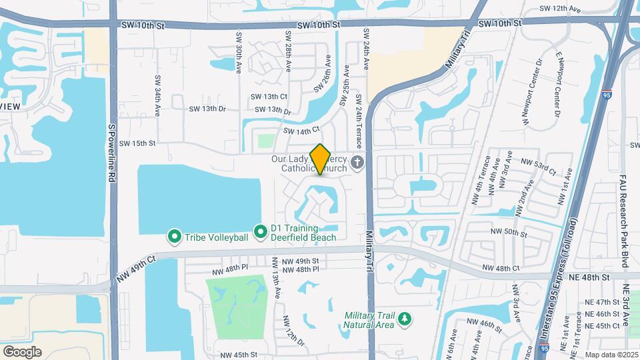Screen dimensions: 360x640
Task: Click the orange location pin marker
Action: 321,159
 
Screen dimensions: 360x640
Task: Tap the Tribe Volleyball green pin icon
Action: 175,237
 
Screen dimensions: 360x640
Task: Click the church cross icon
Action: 357,162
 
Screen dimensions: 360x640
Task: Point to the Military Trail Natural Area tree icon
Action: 404,321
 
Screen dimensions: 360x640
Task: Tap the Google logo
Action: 22,352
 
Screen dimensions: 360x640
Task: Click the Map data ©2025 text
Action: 611,354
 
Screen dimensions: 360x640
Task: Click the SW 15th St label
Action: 137,143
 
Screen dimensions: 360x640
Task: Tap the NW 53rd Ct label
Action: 537,162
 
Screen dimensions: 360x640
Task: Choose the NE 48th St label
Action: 590,276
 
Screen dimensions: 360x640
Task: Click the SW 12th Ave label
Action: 556,9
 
